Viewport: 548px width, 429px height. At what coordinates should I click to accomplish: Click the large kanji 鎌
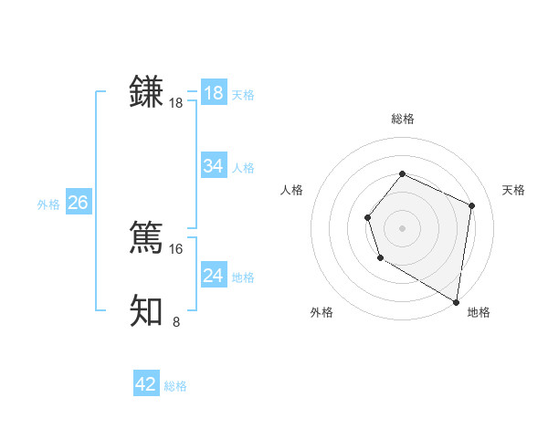tap(146, 93)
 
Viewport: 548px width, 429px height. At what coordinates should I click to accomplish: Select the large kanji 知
tap(146, 310)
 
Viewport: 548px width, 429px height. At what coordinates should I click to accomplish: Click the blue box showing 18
tap(214, 93)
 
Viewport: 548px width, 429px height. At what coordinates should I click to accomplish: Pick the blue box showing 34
tap(214, 166)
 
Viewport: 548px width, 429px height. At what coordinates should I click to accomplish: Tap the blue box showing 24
tap(214, 276)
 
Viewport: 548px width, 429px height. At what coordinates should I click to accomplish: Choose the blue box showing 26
tap(78, 203)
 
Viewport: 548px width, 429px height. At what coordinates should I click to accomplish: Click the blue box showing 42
tap(146, 384)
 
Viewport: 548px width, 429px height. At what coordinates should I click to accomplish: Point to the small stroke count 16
tap(176, 248)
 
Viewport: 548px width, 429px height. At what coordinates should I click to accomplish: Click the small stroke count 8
tap(176, 321)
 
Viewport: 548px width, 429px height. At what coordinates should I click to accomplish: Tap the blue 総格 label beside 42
tap(175, 386)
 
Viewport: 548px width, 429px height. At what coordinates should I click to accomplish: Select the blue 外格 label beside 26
tap(48, 204)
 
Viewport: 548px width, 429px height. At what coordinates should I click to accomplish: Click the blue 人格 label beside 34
tap(243, 168)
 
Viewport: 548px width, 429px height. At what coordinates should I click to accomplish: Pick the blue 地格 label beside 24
tap(243, 277)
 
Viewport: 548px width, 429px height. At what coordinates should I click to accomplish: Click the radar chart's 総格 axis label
tap(402, 119)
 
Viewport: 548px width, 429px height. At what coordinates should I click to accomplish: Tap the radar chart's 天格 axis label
tap(514, 190)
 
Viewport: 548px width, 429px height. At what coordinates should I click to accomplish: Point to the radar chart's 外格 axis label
tap(321, 312)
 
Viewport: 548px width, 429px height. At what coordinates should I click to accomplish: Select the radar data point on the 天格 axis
tap(472, 205)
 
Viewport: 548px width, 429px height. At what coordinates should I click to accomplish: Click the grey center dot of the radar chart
tap(402, 227)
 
